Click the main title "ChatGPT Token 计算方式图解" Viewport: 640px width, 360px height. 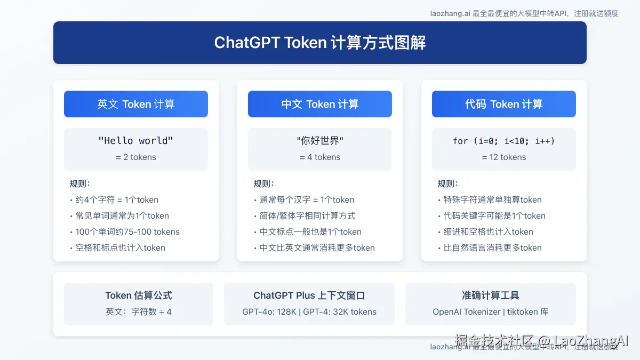(x=320, y=43)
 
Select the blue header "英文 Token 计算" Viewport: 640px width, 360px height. (x=136, y=104)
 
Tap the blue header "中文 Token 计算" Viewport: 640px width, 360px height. (x=320, y=104)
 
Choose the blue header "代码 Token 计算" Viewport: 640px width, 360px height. (x=504, y=104)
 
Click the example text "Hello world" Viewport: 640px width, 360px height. (x=136, y=141)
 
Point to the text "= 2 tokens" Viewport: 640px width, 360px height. (x=136, y=157)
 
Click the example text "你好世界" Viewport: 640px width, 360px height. (x=320, y=141)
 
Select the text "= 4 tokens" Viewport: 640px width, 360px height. (x=320, y=157)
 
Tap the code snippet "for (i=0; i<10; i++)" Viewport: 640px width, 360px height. (x=504, y=141)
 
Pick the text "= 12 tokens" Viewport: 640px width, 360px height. (x=504, y=157)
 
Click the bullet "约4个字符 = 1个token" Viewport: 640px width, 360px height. (x=117, y=200)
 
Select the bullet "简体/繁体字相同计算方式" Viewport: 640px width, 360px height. (x=308, y=216)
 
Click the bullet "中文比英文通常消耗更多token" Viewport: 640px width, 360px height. (x=317, y=248)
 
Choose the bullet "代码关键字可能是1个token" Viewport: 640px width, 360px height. (x=494, y=216)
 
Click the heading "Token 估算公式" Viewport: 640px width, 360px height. (x=139, y=295)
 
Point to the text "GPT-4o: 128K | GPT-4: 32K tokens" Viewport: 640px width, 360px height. (x=309, y=312)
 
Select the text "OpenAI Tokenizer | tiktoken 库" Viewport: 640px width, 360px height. (x=491, y=312)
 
